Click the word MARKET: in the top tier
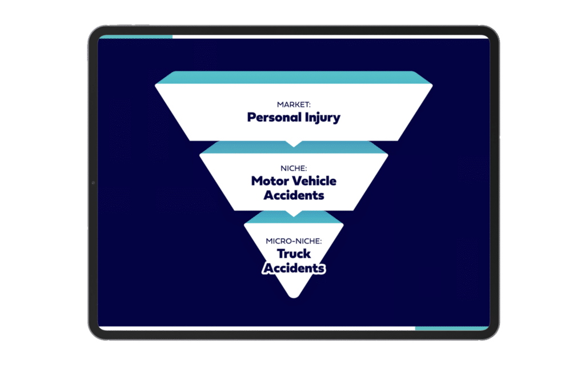pos(294,105)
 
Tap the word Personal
pos(274,117)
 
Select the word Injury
pos(322,118)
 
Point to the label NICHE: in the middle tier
pos(294,168)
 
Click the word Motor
pos(270,181)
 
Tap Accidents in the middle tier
pos(294,195)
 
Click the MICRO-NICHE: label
pos(294,242)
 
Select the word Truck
pos(294,254)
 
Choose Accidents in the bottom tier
pos(294,268)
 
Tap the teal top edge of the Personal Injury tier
pos(294,78)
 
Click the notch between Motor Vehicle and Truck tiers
pos(294,214)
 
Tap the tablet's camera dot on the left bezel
pos(93,183)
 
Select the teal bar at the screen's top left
pos(136,37)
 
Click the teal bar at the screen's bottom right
pos(451,328)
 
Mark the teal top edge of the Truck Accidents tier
pos(294,218)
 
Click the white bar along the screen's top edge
pos(331,37)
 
